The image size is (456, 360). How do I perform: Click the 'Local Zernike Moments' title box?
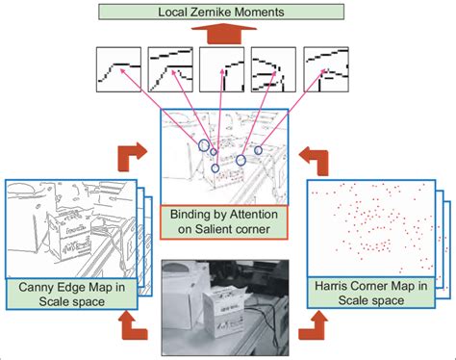point(227,13)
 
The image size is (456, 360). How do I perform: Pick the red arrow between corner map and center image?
point(314,154)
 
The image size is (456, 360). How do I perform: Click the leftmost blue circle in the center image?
point(204,144)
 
